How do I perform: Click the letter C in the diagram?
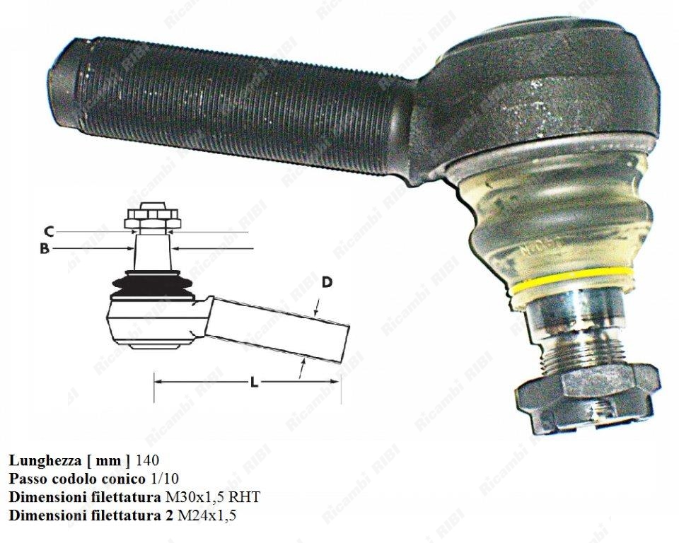pos(49,232)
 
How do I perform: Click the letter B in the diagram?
pos(44,249)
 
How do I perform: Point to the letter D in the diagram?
pos(327,282)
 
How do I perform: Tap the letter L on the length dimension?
pos(254,382)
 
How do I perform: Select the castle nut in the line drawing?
pos(153,216)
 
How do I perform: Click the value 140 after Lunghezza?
pos(147,460)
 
